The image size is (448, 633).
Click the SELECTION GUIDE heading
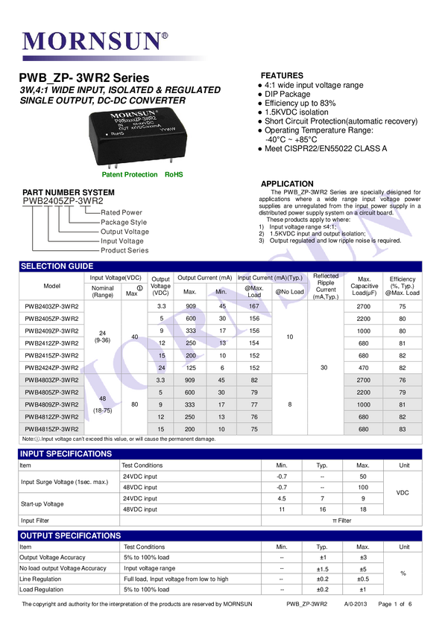(57, 267)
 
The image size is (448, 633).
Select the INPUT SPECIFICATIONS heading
(66, 454)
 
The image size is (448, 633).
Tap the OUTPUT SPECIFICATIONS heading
(70, 535)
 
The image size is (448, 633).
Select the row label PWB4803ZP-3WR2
(51, 379)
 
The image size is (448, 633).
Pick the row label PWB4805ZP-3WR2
(51, 392)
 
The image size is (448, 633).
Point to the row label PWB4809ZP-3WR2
(51, 404)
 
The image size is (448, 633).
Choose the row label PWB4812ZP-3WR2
(51, 417)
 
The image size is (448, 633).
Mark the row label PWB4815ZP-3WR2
(51, 430)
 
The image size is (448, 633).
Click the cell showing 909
(190, 379)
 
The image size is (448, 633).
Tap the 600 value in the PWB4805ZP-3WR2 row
(190, 392)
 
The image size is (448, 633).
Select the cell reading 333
(190, 404)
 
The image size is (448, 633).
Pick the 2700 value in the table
(364, 379)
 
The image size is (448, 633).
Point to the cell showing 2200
(364, 392)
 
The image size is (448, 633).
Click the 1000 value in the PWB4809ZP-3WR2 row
(364, 404)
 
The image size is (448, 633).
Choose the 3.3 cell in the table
(162, 379)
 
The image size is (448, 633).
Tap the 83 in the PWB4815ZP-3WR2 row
(403, 430)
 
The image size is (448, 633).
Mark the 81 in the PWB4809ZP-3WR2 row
(403, 404)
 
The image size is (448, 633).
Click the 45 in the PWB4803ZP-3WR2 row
(221, 379)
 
